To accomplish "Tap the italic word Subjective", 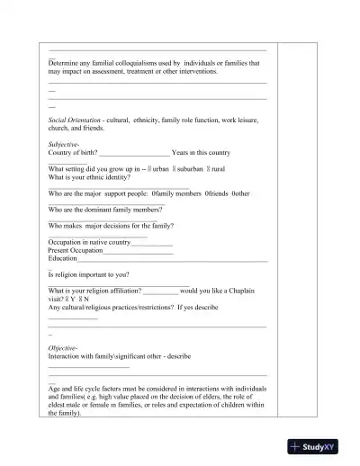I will tap(64, 144).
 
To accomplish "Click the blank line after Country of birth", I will tap(134, 153).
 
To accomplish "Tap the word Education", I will tap(63, 257).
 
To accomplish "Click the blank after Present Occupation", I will tap(138, 250).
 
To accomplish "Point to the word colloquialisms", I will tap(135, 63).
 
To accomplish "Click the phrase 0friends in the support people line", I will tap(217, 193).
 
